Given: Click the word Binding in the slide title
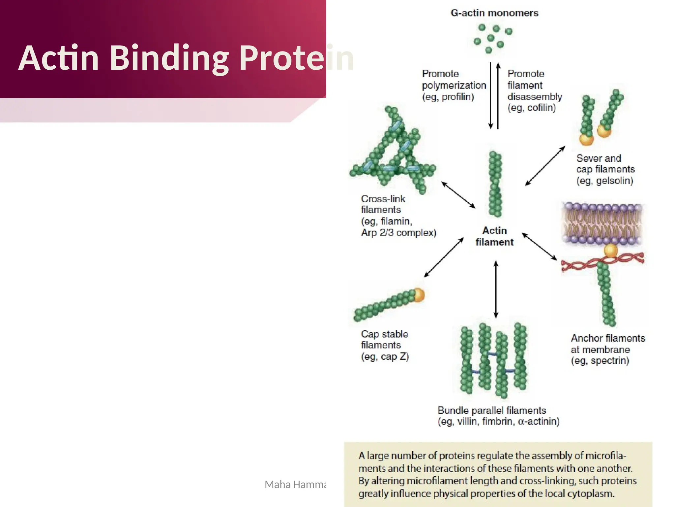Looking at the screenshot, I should [169, 58].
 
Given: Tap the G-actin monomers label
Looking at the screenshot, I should [494, 13].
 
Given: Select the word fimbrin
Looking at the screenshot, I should [498, 422].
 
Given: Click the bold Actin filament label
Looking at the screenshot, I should [494, 236].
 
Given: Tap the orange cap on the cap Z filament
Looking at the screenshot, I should [419, 295].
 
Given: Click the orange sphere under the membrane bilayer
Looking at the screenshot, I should [610, 251].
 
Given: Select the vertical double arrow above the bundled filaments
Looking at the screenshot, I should [496, 289].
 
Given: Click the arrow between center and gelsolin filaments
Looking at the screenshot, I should [545, 166].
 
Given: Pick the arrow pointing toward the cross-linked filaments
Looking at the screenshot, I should [458, 195].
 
